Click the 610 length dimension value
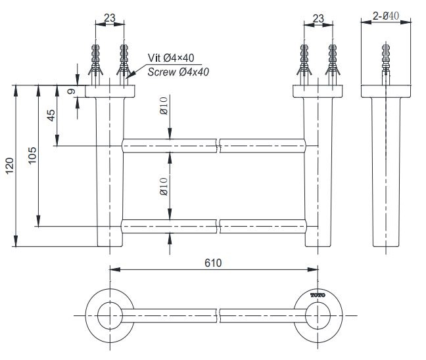click(213, 263)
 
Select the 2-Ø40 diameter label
click(386, 16)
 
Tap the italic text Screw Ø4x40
click(178, 72)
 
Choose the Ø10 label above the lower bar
click(163, 185)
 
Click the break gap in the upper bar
click(219, 145)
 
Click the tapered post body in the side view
click(386, 171)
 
